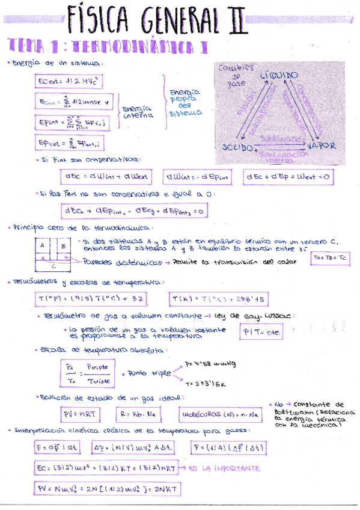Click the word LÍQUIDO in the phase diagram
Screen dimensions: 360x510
click(x=279, y=76)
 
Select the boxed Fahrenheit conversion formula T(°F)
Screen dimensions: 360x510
click(x=90, y=299)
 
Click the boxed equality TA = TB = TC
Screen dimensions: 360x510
click(x=331, y=258)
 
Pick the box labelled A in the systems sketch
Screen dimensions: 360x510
click(x=43, y=246)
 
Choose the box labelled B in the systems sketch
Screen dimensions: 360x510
click(x=63, y=245)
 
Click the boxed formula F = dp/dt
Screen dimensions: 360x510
click(x=58, y=447)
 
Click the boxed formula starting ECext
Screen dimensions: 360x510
click(x=59, y=81)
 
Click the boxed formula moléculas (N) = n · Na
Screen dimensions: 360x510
click(x=219, y=414)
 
